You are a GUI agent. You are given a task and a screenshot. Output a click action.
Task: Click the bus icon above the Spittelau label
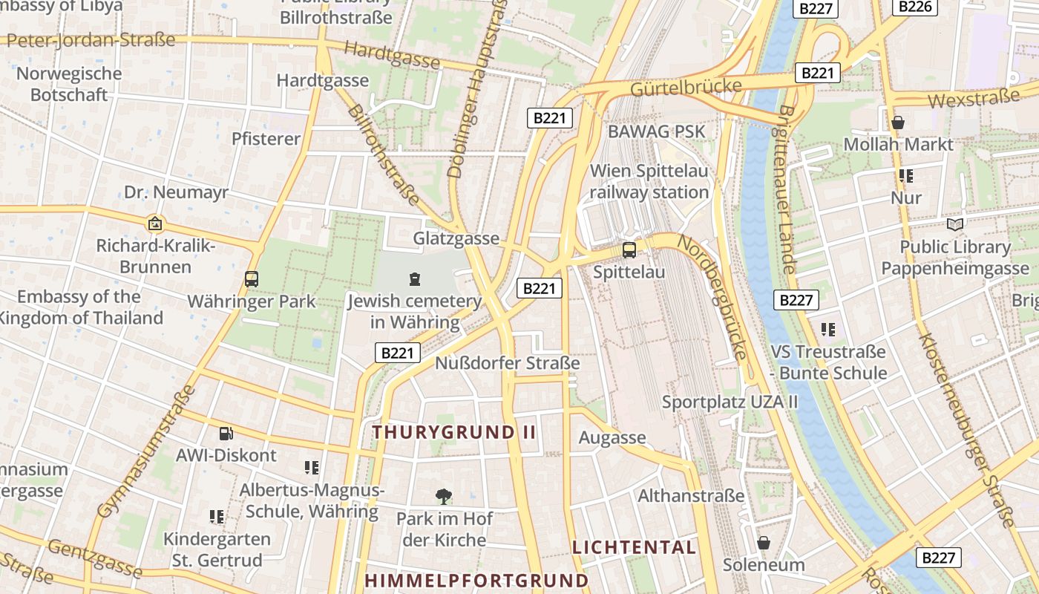pyautogui.click(x=629, y=249)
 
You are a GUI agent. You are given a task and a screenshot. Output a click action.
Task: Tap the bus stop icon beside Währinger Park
pyautogui.click(x=252, y=279)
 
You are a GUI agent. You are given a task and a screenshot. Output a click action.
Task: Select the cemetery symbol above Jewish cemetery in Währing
pyautogui.click(x=414, y=279)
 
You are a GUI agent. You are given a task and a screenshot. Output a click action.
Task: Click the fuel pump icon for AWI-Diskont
pyautogui.click(x=226, y=433)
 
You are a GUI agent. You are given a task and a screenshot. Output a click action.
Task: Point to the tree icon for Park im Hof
pyautogui.click(x=444, y=496)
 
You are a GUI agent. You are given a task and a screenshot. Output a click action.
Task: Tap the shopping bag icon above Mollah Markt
pyautogui.click(x=898, y=123)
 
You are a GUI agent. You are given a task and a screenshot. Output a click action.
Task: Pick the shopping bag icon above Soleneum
pyautogui.click(x=764, y=543)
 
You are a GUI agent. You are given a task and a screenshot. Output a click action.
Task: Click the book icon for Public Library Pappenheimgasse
pyautogui.click(x=955, y=224)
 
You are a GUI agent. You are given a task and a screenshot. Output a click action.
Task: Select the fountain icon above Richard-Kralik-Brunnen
pyautogui.click(x=155, y=223)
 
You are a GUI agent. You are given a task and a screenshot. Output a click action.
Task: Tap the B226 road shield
pyautogui.click(x=915, y=7)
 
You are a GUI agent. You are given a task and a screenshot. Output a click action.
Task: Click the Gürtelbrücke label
pyautogui.click(x=686, y=88)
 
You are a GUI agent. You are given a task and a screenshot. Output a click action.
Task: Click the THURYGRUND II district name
pyautogui.click(x=453, y=432)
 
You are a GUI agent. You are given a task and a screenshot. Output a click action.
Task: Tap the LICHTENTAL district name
pyautogui.click(x=634, y=548)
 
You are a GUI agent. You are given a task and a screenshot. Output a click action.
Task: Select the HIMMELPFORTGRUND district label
pyautogui.click(x=476, y=581)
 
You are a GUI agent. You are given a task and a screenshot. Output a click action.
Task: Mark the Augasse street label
pyautogui.click(x=612, y=437)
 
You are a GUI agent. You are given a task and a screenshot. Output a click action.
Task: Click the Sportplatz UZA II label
pyautogui.click(x=730, y=402)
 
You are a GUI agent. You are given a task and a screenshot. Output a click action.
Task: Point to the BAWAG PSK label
pyautogui.click(x=656, y=131)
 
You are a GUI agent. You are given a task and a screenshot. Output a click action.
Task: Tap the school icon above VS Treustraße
pyautogui.click(x=828, y=329)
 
